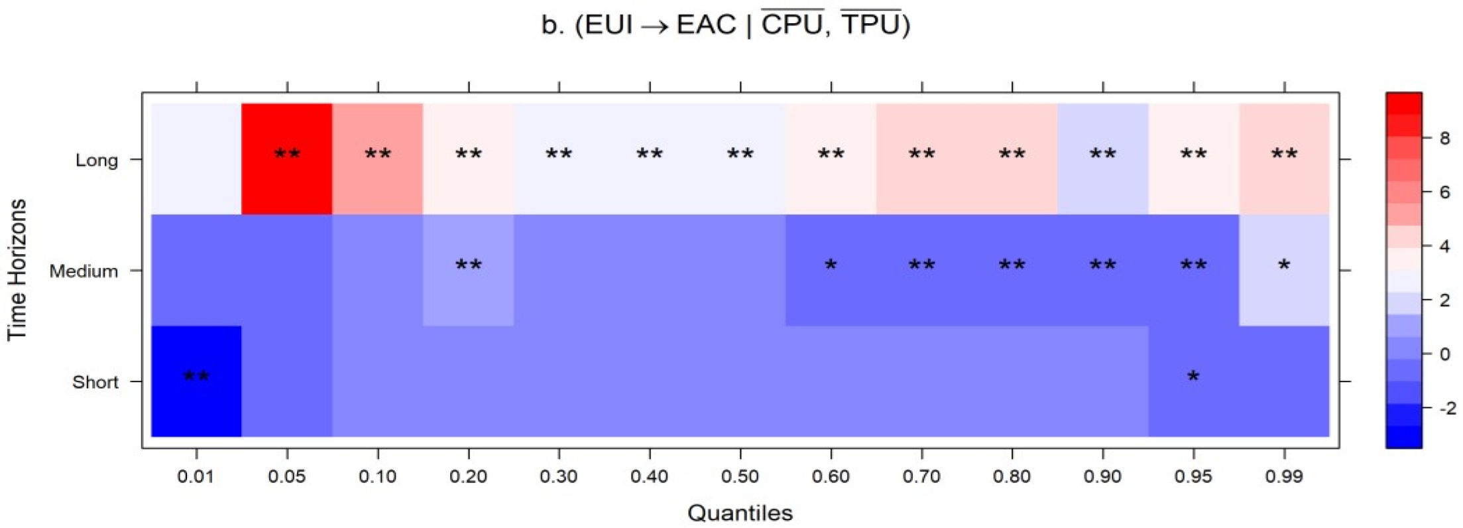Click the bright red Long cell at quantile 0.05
click(x=286, y=159)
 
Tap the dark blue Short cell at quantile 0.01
click(x=196, y=381)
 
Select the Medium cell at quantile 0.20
click(x=468, y=271)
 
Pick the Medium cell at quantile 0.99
click(x=1284, y=271)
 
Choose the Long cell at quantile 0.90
click(x=1102, y=159)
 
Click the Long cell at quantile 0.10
click(x=377, y=159)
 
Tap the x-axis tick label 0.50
click(x=740, y=476)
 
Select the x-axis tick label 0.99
click(x=1284, y=476)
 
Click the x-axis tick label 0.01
click(x=196, y=476)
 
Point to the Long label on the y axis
click(x=97, y=161)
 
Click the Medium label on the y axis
click(x=84, y=271)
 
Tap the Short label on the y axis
click(x=95, y=383)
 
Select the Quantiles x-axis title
click(x=740, y=513)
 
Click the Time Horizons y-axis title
click(x=17, y=270)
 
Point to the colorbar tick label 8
click(x=1444, y=138)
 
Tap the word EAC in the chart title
click(x=706, y=25)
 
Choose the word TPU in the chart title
click(x=870, y=25)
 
